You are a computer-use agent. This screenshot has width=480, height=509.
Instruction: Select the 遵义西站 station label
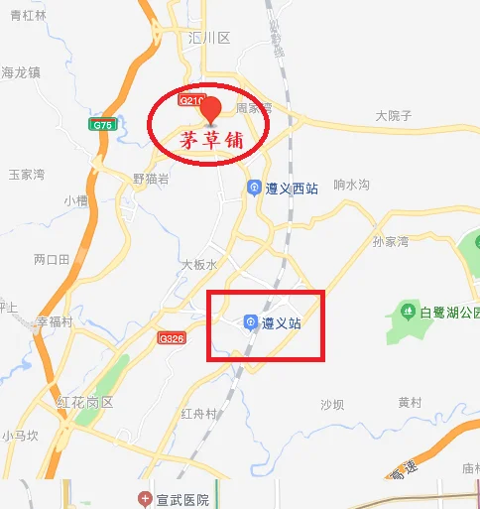pos(291,188)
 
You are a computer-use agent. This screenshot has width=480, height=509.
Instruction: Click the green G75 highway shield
pos(101,125)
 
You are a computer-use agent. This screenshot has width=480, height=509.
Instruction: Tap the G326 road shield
pos(171,338)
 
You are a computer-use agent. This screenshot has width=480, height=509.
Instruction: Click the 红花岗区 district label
pos(85,403)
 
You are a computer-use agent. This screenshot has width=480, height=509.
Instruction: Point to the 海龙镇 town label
pos(20,71)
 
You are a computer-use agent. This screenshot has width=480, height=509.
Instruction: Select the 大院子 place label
pos(394,116)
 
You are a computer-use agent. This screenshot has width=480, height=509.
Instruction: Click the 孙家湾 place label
pos(391,241)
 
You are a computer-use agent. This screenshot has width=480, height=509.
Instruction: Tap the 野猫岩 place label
pos(151,179)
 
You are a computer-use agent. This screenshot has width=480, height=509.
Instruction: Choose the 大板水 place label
pos(198,264)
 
